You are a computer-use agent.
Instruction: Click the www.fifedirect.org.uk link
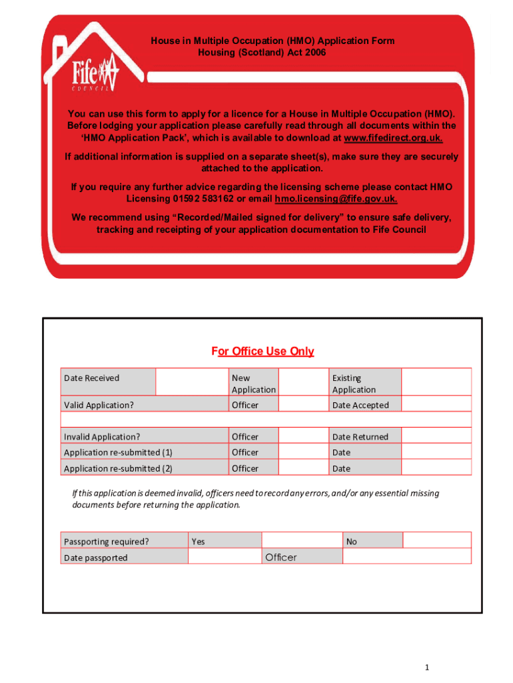coord(393,138)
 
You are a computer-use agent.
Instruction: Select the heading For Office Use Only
coord(262,352)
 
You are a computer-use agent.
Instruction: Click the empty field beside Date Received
coord(192,382)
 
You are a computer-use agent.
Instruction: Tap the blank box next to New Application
coord(302,382)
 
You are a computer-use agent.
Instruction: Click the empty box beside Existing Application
coord(436,382)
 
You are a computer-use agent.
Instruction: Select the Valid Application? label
coord(99,405)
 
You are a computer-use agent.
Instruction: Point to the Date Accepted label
coord(360,405)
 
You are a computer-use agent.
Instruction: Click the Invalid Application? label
coord(102,437)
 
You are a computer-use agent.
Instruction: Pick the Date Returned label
coord(360,437)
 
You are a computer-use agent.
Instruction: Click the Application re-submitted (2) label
coord(118,468)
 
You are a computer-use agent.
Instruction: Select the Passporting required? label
coord(107,541)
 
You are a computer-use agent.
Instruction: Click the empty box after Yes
coord(302,540)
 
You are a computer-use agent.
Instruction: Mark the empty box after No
coord(436,540)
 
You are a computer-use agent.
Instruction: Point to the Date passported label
coord(96,558)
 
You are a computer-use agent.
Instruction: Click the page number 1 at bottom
coord(434,668)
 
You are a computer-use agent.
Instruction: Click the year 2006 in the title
coord(314,52)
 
